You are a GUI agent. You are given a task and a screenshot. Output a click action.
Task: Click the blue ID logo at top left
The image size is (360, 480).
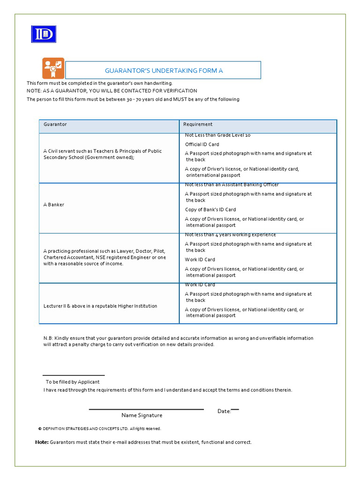pos(44,34)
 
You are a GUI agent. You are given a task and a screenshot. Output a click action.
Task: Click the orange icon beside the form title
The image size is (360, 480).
pos(53,68)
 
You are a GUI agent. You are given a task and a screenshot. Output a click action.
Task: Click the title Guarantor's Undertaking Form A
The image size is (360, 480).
pos(163,70)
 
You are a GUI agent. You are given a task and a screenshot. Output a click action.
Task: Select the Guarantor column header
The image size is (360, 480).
pos(55,124)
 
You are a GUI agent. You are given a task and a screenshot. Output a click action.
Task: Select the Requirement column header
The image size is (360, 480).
pos(198,124)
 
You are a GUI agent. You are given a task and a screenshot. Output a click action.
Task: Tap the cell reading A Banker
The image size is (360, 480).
pos(54,205)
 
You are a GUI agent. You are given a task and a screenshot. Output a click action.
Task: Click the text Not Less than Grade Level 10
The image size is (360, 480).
pos(217,135)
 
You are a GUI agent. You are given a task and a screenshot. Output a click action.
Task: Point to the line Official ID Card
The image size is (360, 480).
pos(202,144)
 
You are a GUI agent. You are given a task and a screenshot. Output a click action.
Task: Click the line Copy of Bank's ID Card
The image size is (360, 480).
pos(210,210)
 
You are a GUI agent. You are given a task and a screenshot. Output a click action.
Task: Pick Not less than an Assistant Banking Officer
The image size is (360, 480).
pos(232,185)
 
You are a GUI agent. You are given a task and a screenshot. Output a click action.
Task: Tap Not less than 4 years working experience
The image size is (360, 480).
pos(230,235)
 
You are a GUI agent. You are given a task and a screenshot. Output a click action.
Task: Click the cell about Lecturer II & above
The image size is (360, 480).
pos(100,306)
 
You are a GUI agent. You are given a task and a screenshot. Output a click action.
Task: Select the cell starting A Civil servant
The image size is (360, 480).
pos(103,154)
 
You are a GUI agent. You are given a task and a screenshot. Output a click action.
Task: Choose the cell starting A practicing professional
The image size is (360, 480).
pos(105,257)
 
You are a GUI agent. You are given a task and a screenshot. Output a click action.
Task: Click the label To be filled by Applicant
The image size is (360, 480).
pos(73,382)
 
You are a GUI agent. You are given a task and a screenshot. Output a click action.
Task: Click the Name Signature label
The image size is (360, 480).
pos(142,415)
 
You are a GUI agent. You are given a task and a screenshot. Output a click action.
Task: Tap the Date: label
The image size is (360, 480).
pos(224,411)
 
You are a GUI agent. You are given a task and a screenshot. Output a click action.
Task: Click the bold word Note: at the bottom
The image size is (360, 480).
pos(42,442)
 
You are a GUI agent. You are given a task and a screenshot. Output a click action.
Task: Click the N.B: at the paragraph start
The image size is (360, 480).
pos(49,338)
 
